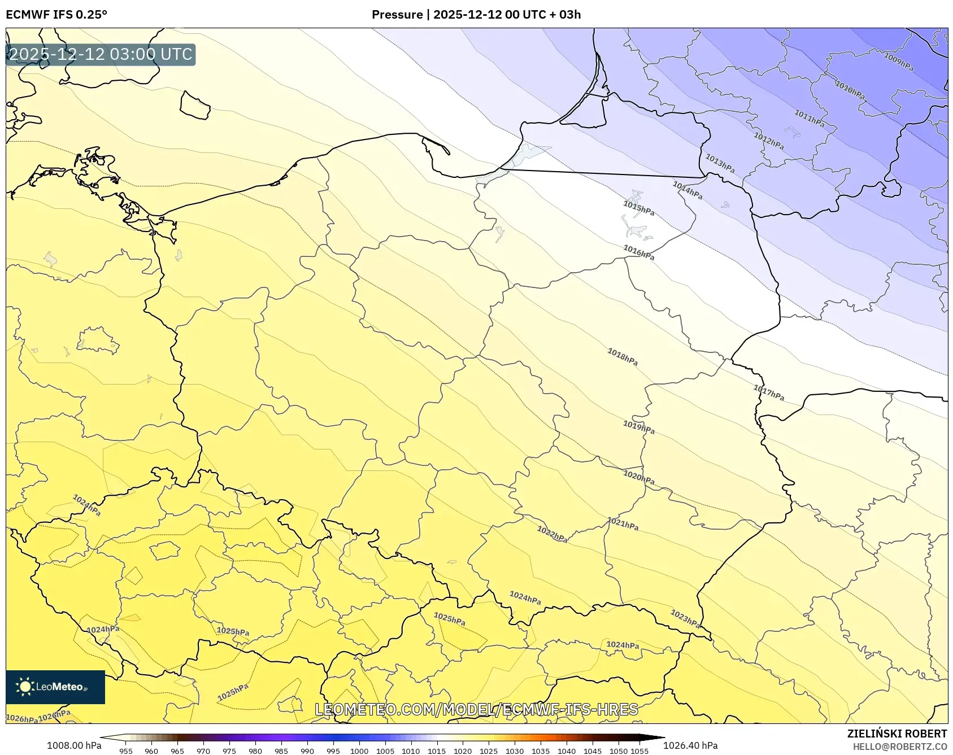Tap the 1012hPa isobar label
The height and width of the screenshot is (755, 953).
coord(768,141)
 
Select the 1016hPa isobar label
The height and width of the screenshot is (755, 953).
coord(639,252)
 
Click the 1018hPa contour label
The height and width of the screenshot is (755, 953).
coord(623,357)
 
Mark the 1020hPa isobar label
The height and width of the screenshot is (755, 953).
coord(639,477)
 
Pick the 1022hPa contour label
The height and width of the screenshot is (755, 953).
coord(552,534)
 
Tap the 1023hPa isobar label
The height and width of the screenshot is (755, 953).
coord(685,618)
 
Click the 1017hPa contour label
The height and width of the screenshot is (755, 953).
coord(768,392)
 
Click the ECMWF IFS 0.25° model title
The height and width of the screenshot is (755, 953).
coord(56,15)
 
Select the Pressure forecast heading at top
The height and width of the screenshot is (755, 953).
coord(476,15)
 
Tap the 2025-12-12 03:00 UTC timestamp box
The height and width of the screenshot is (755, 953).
coord(101,55)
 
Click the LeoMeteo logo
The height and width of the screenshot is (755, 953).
coord(55,687)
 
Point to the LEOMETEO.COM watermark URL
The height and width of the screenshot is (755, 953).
coord(476,709)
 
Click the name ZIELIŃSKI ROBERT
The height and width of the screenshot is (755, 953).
coord(897,734)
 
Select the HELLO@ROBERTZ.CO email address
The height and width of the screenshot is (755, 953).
coord(899,747)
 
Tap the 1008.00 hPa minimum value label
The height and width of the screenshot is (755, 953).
coord(74,745)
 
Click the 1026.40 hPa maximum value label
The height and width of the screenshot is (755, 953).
coord(690,745)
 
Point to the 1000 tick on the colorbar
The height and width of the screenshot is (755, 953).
coord(359,750)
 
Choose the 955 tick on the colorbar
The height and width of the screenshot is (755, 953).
coord(126,750)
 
